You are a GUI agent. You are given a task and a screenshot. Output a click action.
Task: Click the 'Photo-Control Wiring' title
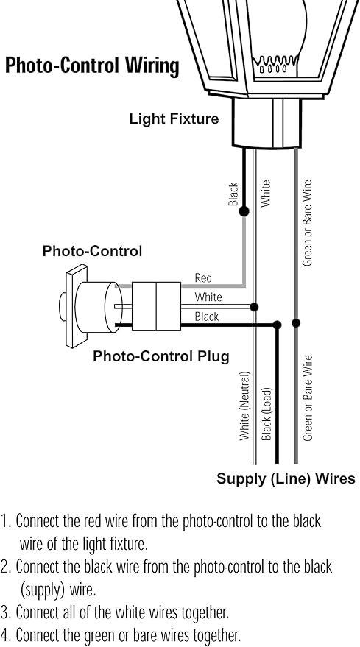(x=92, y=66)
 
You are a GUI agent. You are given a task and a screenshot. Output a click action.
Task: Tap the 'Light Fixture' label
(x=174, y=119)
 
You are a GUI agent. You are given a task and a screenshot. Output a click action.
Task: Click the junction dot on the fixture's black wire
(x=244, y=212)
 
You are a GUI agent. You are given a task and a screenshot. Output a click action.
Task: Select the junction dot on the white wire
(x=254, y=307)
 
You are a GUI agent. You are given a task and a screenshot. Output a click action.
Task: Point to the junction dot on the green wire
(x=296, y=322)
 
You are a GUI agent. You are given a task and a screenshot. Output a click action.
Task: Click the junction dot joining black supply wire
(x=277, y=325)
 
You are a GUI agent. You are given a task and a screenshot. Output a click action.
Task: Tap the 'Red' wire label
(x=203, y=278)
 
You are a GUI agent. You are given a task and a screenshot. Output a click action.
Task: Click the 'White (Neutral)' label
(x=245, y=406)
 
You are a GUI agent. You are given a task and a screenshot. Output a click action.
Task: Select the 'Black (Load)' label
(x=267, y=414)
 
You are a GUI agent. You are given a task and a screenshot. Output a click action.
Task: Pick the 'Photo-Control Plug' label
(x=161, y=356)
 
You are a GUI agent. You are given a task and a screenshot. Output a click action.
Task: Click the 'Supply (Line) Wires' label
(x=286, y=478)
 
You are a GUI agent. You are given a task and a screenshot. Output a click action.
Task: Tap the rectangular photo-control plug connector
(x=157, y=306)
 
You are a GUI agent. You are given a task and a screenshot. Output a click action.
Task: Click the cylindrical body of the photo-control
(x=99, y=307)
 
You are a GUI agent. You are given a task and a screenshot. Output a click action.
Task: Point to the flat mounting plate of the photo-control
(x=77, y=306)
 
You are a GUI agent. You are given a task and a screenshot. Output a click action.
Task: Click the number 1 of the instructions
(x=5, y=521)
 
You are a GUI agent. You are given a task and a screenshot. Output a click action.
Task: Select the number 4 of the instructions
(x=5, y=634)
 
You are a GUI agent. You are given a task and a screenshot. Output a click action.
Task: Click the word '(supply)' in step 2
(x=43, y=590)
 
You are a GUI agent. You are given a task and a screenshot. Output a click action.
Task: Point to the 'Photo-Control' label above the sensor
(x=92, y=251)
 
